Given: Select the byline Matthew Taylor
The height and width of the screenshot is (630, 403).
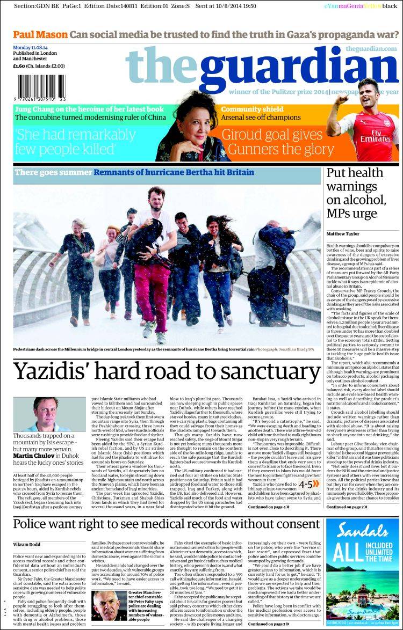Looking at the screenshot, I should [x=344, y=233].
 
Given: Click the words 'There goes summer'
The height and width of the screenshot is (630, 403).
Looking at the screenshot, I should [x=53, y=172].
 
